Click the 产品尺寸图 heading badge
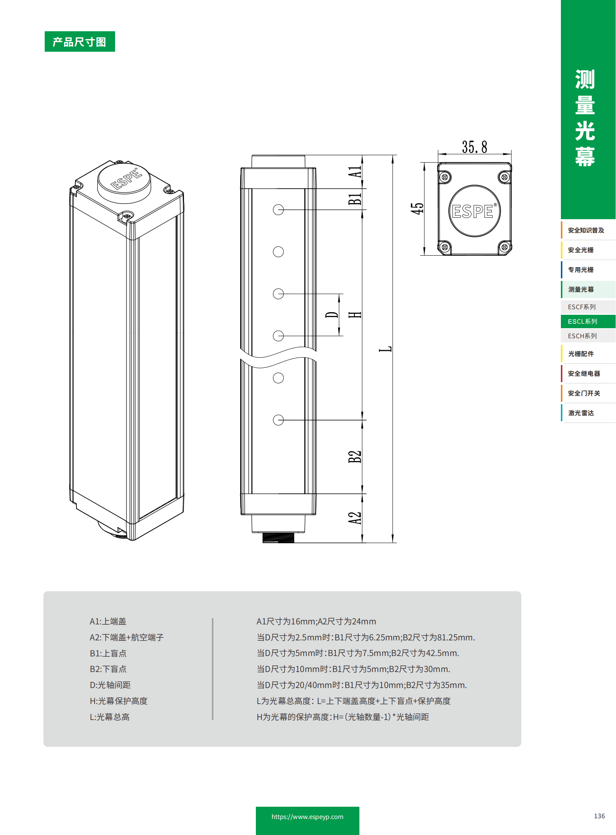click(x=79, y=42)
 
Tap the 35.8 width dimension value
click(x=474, y=147)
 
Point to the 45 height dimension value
click(x=417, y=208)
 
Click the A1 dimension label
click(x=355, y=172)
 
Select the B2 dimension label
click(x=355, y=457)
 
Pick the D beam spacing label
click(x=331, y=315)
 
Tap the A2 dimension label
click(x=355, y=518)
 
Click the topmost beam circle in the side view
click(x=278, y=210)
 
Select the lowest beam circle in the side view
click(x=278, y=420)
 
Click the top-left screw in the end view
click(x=444, y=177)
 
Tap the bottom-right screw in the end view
click(x=505, y=247)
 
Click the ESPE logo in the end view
click(x=474, y=211)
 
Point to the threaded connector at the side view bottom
click(x=278, y=537)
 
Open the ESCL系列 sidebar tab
click(x=582, y=321)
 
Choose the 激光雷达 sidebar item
click(x=581, y=413)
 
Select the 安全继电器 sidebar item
click(x=584, y=373)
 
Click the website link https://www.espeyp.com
click(x=307, y=817)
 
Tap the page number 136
click(x=599, y=816)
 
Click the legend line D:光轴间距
click(x=110, y=685)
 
